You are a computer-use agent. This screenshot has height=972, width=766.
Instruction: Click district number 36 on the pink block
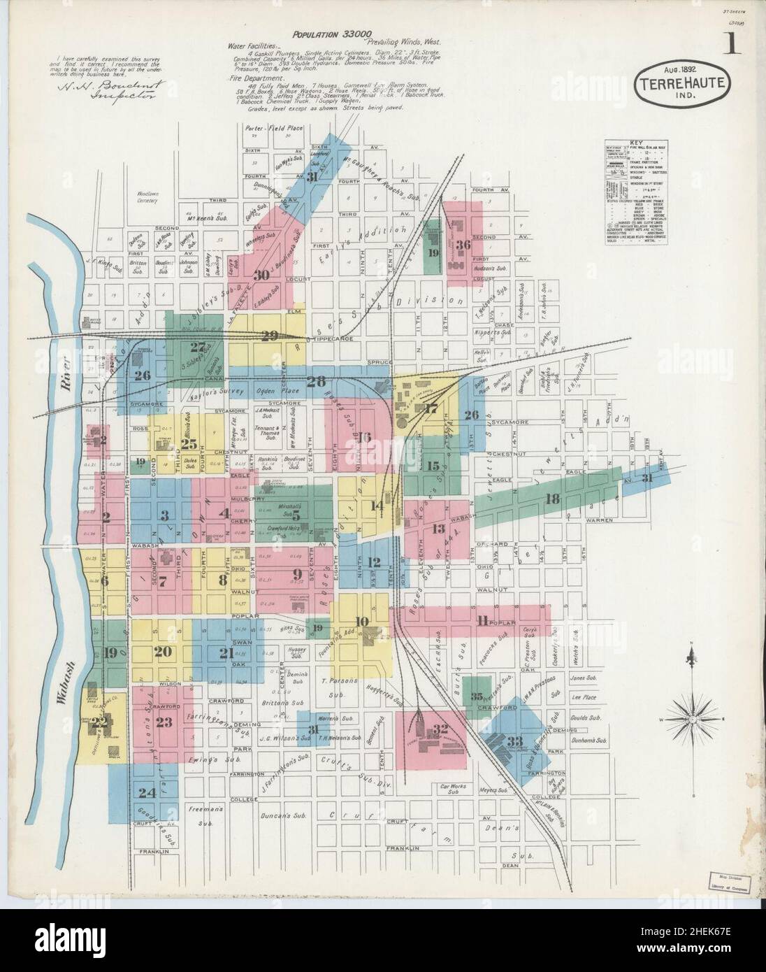[x=463, y=245]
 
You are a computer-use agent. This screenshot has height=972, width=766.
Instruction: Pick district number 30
[x=262, y=275]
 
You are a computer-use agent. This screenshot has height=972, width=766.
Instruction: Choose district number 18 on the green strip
[x=553, y=499]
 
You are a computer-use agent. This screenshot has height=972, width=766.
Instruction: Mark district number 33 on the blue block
[x=515, y=741]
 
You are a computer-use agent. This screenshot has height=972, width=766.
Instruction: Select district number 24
[x=146, y=793]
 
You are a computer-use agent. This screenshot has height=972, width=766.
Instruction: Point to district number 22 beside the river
[x=103, y=722]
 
